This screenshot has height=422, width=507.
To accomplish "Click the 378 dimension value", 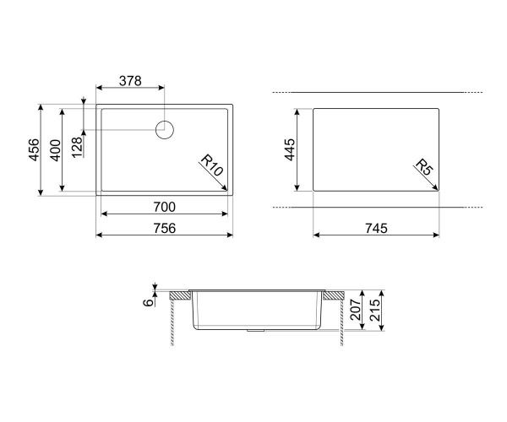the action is click(130, 81).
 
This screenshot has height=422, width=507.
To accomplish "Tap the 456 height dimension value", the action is click(34, 149).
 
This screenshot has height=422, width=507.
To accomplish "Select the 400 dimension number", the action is click(55, 150).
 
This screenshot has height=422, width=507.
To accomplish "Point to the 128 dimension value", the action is click(77, 147).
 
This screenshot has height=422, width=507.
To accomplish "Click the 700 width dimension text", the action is click(164, 207).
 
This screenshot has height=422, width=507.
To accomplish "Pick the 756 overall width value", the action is click(164, 228).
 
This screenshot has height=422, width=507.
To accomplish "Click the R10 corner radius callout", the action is click(212, 165).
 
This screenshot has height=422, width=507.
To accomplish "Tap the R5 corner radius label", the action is click(423, 167).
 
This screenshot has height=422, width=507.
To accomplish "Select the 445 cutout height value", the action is click(290, 149).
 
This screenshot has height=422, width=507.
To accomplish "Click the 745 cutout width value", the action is click(376, 228).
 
